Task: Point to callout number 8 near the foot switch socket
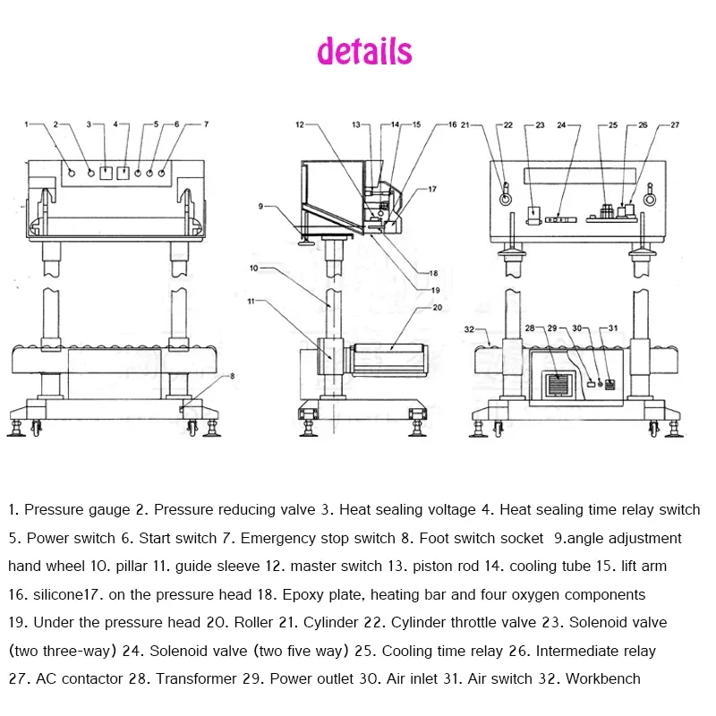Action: point(232,377)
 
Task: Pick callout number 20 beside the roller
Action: point(437,307)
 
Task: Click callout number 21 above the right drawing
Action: point(465,125)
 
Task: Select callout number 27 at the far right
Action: point(675,125)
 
